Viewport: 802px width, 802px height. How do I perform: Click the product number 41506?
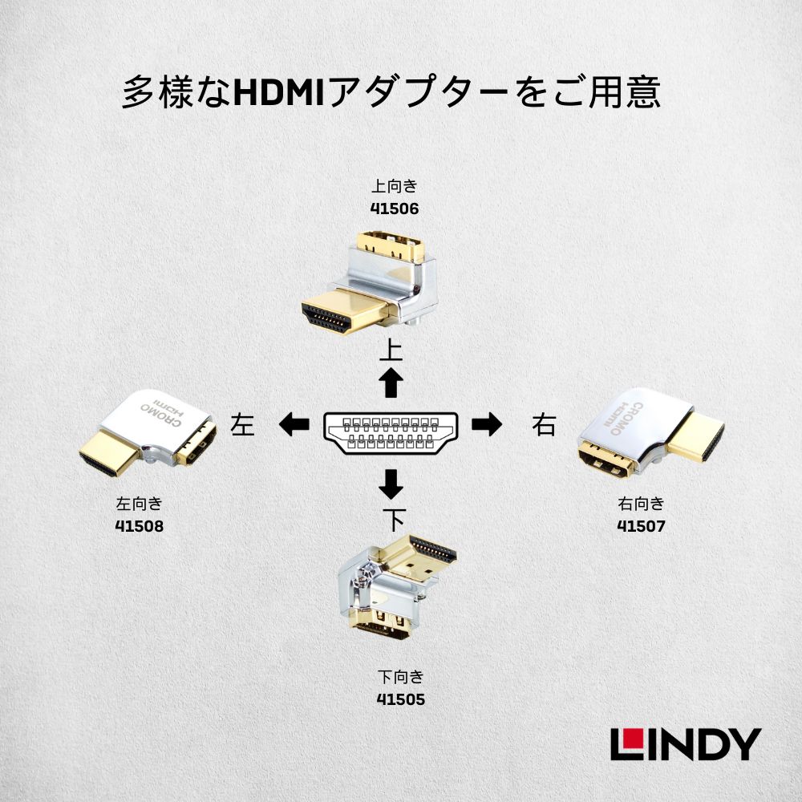tap(395, 209)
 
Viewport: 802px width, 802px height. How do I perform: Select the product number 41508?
tap(140, 526)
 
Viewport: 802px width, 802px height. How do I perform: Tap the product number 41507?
tap(641, 526)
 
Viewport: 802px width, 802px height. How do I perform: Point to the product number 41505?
tap(400, 699)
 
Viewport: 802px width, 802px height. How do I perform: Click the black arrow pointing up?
tap(391, 383)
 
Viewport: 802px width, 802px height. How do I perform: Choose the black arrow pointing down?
tap(391, 484)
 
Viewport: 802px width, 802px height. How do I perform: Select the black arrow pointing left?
tap(294, 424)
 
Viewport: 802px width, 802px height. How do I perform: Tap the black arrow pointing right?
tap(486, 424)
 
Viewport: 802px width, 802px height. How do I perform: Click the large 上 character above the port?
tap(391, 351)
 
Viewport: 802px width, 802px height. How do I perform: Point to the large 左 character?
tap(241, 424)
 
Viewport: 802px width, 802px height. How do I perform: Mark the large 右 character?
tap(543, 425)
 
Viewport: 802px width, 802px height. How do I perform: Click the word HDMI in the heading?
tap(276, 93)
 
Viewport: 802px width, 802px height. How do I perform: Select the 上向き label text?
tap(395, 187)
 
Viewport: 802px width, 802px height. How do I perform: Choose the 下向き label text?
tap(400, 676)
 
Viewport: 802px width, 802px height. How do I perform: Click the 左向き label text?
tap(140, 504)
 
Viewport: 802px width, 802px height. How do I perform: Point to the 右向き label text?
tap(641, 504)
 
